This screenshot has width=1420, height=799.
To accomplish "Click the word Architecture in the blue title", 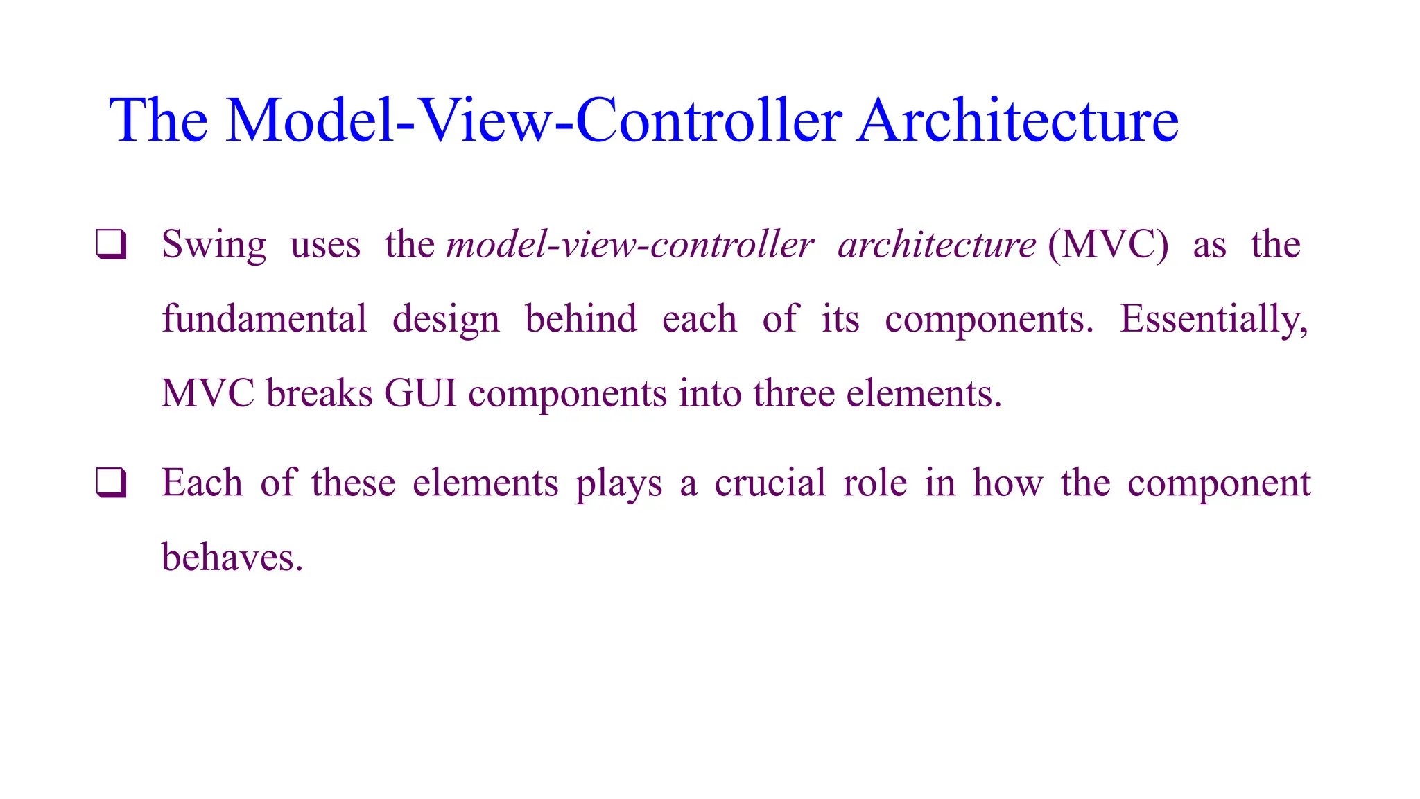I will [x=1017, y=121].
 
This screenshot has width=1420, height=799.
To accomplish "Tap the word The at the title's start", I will [x=158, y=121].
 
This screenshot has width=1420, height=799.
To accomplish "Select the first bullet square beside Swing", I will [x=111, y=245].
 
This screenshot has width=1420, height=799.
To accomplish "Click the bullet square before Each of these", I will [x=111, y=483].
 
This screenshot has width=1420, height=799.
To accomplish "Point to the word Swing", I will [x=214, y=246].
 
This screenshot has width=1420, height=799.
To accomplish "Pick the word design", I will [x=446, y=320].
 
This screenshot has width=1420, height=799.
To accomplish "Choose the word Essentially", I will [x=1213, y=320].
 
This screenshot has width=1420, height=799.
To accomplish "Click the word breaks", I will [x=319, y=393].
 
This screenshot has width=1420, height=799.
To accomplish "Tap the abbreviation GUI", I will [x=420, y=393].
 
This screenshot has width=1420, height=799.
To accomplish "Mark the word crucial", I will [x=770, y=483].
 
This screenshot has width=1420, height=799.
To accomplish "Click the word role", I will [x=875, y=483].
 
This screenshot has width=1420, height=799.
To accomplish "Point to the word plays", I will [x=618, y=484].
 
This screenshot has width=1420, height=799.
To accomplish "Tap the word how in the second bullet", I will [x=1007, y=483].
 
